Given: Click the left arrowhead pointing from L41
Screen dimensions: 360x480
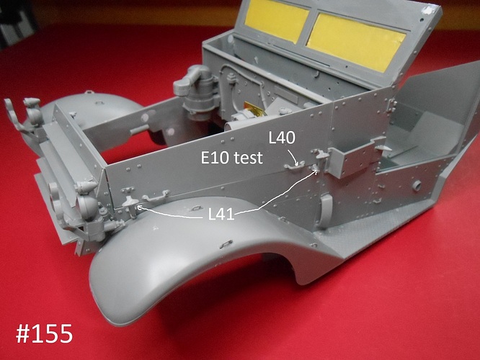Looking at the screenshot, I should pyautogui.click(x=138, y=207).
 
